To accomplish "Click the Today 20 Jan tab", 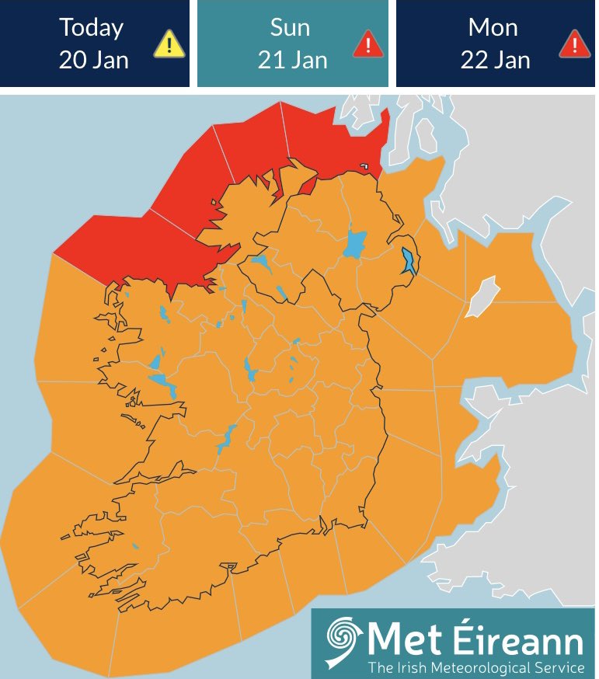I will (x=94, y=44).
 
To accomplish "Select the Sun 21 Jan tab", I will (x=292, y=44).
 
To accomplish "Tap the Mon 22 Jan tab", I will (x=494, y=44).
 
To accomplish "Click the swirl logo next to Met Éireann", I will (x=342, y=642).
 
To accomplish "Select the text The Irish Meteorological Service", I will (x=475, y=667).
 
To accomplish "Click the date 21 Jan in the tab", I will (x=292, y=59).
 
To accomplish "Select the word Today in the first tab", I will (x=92, y=28).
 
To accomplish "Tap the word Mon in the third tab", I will (x=493, y=28).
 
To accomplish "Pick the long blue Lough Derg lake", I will (x=226, y=440).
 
